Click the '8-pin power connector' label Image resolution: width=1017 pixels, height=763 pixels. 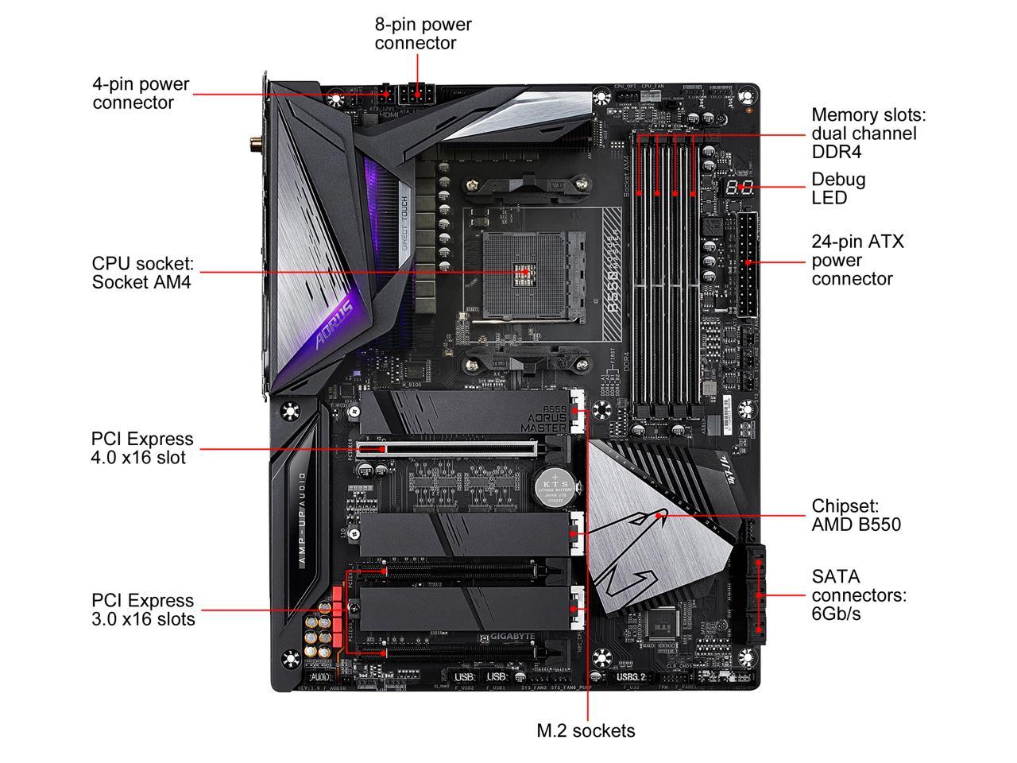point(423,33)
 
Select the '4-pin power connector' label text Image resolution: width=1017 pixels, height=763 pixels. point(141,93)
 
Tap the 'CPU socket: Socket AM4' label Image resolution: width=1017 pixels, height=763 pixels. point(142,272)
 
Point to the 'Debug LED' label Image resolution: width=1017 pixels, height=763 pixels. point(838,188)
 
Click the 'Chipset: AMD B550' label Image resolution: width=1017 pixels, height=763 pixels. point(856,515)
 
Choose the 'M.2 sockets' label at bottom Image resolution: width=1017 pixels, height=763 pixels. point(586,730)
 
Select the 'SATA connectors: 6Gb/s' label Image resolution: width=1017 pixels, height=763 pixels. point(858,595)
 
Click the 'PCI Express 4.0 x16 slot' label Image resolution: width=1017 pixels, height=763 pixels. point(141,447)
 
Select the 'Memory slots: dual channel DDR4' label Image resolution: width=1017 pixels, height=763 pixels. point(868,133)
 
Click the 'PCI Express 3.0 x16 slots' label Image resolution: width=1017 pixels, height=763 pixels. point(142,610)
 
